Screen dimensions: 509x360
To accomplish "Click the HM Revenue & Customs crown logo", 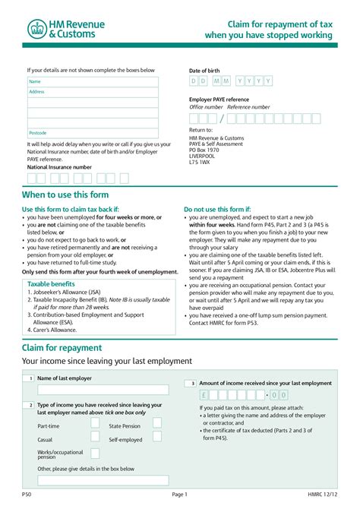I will (x=36, y=29).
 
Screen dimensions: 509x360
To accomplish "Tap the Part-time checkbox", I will (x=95, y=424).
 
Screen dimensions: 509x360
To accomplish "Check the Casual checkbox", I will (x=95, y=438).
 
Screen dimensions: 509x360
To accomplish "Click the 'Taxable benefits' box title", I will (x=50, y=283).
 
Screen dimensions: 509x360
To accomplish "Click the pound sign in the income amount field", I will (x=205, y=395).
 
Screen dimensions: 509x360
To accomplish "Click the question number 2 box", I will (x=31, y=406).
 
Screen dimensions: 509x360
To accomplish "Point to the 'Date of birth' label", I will (x=204, y=71).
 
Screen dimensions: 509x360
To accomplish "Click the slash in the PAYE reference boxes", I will (x=222, y=119).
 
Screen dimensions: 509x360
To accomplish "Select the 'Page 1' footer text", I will (x=180, y=495).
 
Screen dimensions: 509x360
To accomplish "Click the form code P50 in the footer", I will (x=27, y=495).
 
